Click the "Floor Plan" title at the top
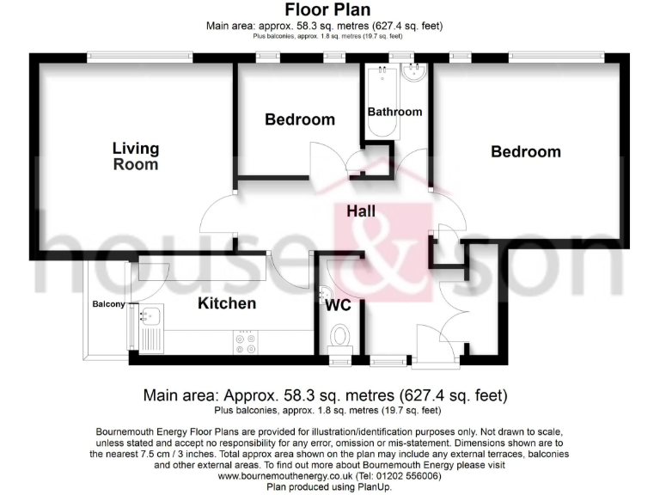329,11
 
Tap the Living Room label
136,156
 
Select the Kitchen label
227,303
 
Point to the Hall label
361,211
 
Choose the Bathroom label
394,112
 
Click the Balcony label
109,304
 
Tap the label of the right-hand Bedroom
525,152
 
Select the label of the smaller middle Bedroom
299,119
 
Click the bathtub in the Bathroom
379,99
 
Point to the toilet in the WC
340,333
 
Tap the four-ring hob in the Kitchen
245,341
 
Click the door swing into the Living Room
217,215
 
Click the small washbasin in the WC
322,292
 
